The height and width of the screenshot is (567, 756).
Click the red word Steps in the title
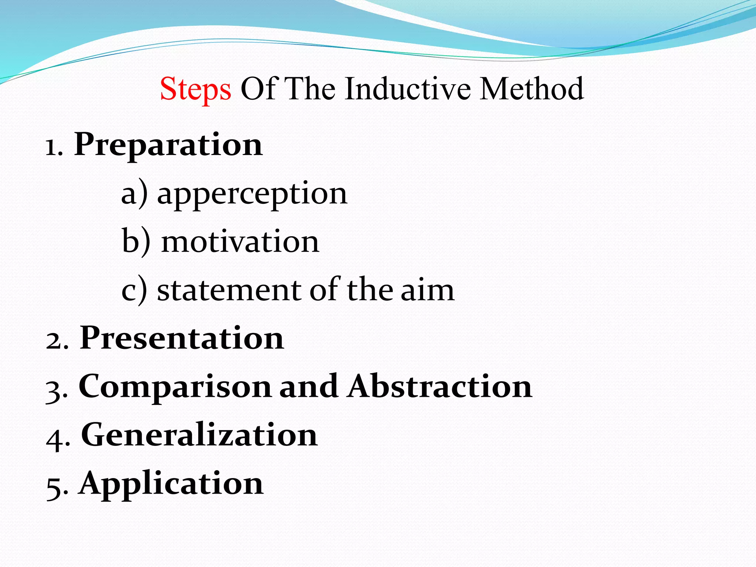[195, 89]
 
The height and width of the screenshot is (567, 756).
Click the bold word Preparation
[168, 145]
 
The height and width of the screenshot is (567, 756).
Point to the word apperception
[252, 195]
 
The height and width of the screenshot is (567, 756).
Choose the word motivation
[240, 242]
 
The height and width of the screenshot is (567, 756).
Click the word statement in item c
[229, 290]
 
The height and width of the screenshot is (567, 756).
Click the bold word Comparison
[175, 387]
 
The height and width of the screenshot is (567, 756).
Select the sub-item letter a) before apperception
[134, 194]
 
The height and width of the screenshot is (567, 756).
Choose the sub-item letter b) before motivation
[136, 242]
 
